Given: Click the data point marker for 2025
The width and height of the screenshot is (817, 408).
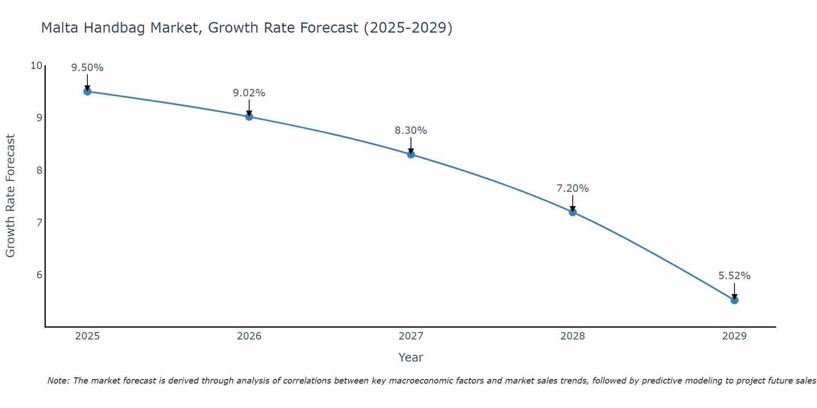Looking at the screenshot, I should pyautogui.click(x=87, y=91).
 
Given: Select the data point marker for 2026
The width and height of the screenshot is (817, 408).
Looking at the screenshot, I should pyautogui.click(x=249, y=117).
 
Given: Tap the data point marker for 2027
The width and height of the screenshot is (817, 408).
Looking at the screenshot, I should pyautogui.click(x=411, y=154).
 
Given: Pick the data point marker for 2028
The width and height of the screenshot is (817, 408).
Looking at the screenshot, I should pyautogui.click(x=573, y=212).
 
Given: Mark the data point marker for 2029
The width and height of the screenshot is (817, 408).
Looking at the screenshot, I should pyautogui.click(x=734, y=300).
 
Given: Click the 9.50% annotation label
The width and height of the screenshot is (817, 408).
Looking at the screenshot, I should pyautogui.click(x=87, y=68).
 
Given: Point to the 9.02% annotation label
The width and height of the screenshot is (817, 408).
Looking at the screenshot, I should pyautogui.click(x=249, y=93).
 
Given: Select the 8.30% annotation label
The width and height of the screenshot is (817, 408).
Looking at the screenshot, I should pyautogui.click(x=411, y=131).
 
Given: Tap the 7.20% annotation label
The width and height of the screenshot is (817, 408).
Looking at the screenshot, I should pyautogui.click(x=573, y=188).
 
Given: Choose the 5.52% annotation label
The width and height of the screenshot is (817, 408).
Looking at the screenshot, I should pyautogui.click(x=734, y=276).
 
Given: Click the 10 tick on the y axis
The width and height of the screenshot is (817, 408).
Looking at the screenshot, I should pyautogui.click(x=36, y=66).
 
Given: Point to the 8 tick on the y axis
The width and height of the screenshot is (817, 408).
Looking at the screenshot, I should pyautogui.click(x=39, y=170).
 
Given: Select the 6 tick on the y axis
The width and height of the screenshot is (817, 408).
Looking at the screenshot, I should pyautogui.click(x=39, y=275).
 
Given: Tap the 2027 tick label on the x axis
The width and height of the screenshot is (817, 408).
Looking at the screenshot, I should pyautogui.click(x=411, y=336).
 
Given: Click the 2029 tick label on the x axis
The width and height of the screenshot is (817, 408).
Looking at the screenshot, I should pyautogui.click(x=734, y=336).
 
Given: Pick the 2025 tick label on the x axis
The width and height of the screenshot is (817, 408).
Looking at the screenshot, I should pyautogui.click(x=87, y=336).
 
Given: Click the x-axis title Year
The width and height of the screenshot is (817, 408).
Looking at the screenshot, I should pyautogui.click(x=411, y=357).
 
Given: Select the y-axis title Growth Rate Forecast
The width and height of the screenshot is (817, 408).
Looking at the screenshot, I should pyautogui.click(x=10, y=196).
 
